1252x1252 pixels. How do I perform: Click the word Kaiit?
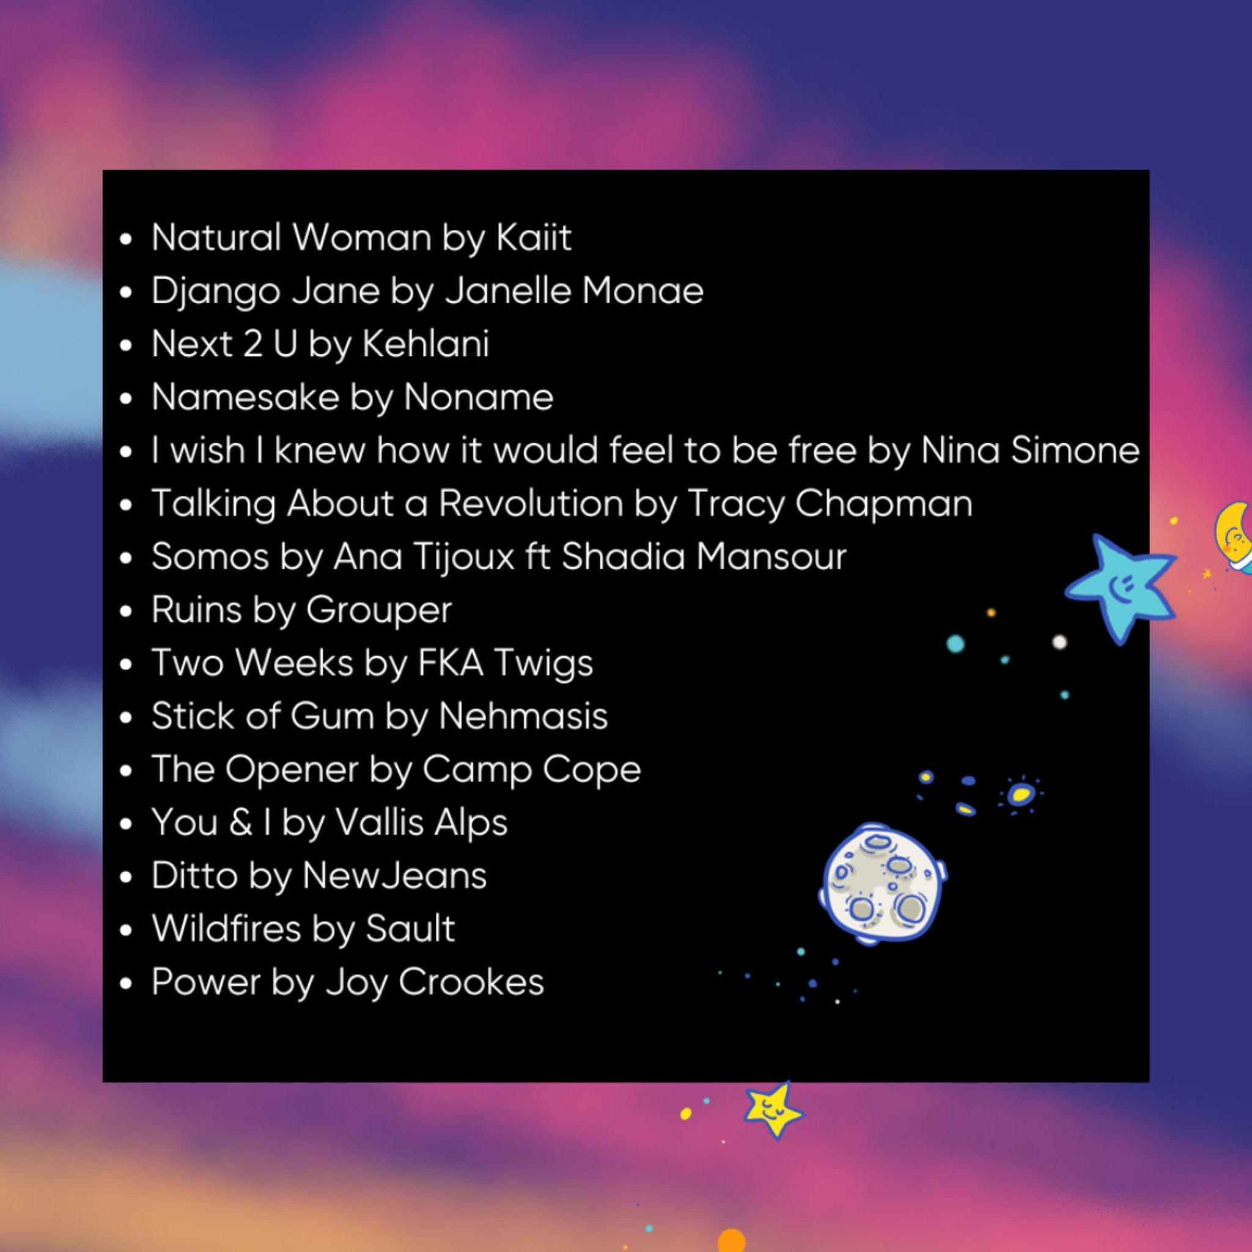[x=534, y=237]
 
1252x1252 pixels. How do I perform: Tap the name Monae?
[x=643, y=290]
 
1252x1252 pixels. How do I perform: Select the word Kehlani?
[x=425, y=344]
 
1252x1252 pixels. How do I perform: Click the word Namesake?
[x=245, y=397]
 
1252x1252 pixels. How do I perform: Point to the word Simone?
[x=1075, y=450]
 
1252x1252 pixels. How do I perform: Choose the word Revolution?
[x=531, y=503]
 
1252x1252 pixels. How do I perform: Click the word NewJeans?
[x=394, y=875]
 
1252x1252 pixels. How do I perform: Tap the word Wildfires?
[x=226, y=929]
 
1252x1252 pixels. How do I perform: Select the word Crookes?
[x=471, y=982]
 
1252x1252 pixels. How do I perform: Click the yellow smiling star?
[x=773, y=1111]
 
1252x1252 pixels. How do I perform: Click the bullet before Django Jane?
[x=126, y=292]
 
